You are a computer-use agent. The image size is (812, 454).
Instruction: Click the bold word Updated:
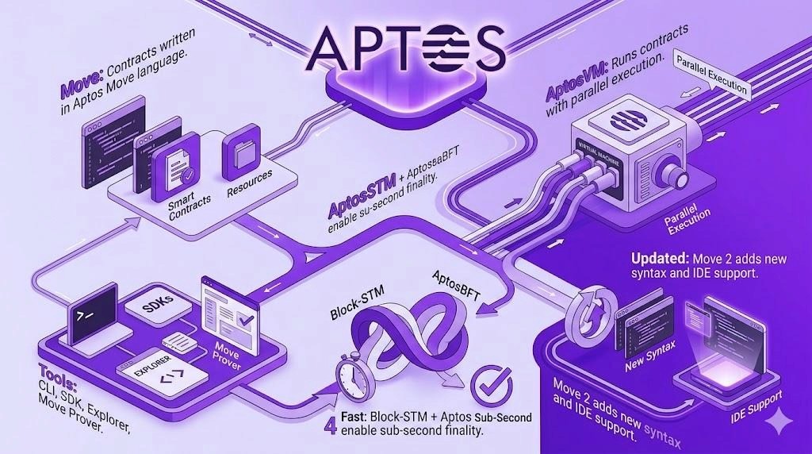(x=660, y=259)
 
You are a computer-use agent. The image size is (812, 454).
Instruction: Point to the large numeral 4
(x=331, y=422)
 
